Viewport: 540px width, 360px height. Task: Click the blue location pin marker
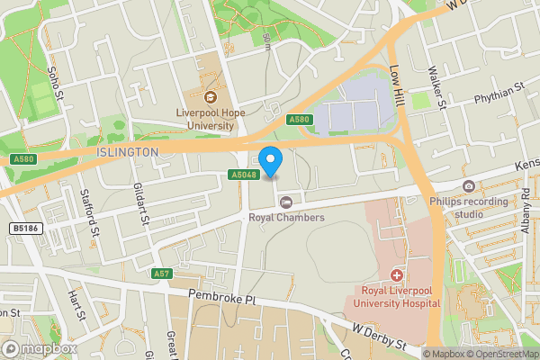(x=273, y=159)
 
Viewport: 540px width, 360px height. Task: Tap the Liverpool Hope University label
(x=211, y=119)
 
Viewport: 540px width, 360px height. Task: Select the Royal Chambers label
(x=286, y=217)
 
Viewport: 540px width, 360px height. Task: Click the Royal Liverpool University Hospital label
(x=400, y=297)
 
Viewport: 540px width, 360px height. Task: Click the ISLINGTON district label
(x=124, y=152)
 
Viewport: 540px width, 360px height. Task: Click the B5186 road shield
(x=25, y=229)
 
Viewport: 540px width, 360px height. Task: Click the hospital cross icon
(x=396, y=274)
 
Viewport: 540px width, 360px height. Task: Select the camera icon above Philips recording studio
(x=468, y=186)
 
